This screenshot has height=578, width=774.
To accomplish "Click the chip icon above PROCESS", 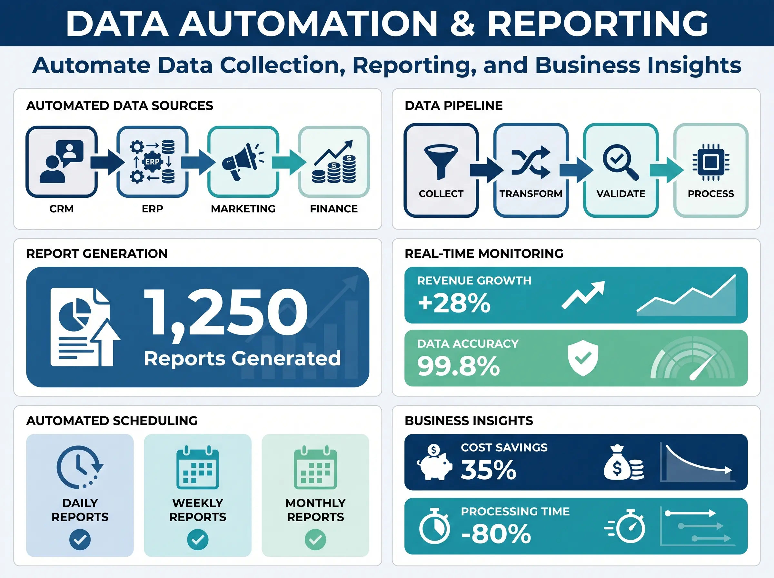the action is tap(711, 162).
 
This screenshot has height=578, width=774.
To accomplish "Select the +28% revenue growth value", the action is tap(454, 303).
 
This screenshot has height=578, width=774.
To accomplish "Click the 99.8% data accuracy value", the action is tap(459, 366).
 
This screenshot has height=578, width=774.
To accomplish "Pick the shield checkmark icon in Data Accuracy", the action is tap(583, 359).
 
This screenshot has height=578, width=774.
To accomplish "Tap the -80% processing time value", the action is tap(496, 534).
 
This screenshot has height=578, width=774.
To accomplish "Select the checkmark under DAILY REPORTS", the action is tap(80, 540).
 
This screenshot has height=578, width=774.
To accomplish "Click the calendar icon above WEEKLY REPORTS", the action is tap(198, 467).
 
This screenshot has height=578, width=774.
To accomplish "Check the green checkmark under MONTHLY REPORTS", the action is tap(315, 540).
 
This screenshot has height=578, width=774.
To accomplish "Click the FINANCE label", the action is tap(334, 209).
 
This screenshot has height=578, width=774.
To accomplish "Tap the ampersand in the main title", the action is tap(462, 24).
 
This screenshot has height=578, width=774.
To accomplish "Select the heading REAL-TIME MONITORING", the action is tap(484, 253).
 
